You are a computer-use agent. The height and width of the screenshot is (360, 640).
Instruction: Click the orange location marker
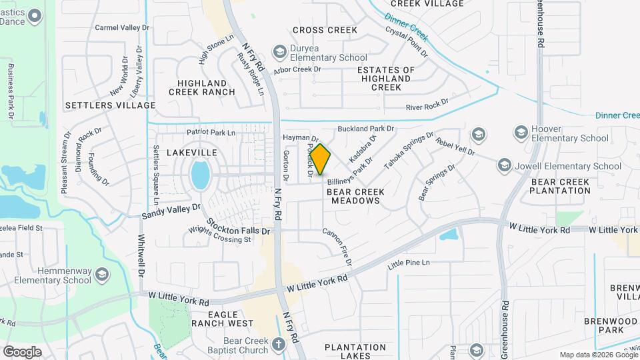pos(321,159)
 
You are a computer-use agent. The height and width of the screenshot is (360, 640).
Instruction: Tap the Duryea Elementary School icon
pos(279,52)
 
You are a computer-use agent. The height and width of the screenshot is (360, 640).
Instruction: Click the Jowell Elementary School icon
pos(505,165)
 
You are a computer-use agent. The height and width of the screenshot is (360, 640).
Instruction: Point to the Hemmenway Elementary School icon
pos(101,275)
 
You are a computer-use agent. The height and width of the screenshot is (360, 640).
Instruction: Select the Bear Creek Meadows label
pos(357,196)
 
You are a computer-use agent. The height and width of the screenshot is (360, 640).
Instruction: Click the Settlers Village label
pos(110,105)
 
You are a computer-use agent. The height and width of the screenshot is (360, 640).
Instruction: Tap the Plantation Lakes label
pos(355,351)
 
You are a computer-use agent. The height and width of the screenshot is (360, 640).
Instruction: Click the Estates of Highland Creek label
pos(386,79)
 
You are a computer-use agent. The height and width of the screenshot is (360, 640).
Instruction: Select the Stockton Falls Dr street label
pos(237,226)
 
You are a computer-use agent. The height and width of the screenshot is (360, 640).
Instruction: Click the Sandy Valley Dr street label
pos(171,212)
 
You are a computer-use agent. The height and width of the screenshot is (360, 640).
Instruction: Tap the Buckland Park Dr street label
pos(366,128)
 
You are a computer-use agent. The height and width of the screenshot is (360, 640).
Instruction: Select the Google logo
pos(22,351)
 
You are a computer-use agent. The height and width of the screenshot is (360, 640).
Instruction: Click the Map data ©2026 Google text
pos(598,355)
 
